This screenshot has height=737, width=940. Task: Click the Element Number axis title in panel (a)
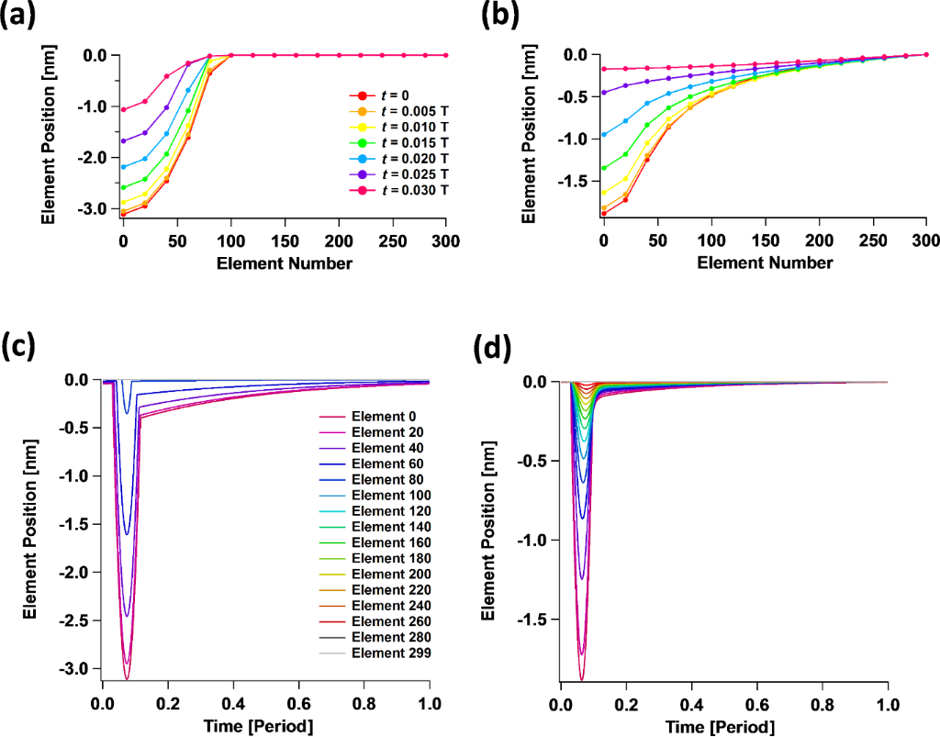(285, 263)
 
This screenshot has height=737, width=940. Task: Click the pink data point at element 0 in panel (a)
(122, 109)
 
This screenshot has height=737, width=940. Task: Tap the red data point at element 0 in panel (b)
(603, 214)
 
